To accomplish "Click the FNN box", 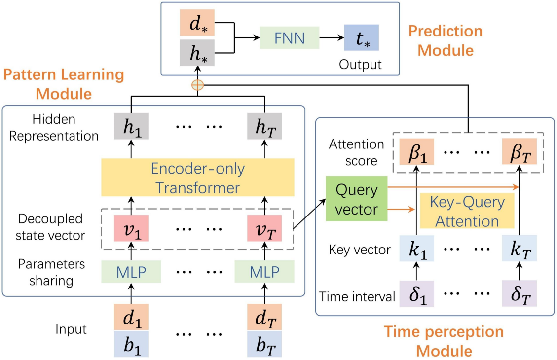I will point(289,37).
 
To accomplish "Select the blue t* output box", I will point(362,38).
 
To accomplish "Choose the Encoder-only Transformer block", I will point(197,178).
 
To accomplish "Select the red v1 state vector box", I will point(131,228).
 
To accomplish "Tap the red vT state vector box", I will point(265,228).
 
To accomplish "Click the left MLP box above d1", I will point(131,271).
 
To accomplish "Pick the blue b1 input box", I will point(131,343).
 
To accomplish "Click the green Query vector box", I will point(356,200).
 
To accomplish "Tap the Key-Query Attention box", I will point(466,212).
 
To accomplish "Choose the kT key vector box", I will point(519,249).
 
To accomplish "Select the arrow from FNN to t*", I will point(332,37).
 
